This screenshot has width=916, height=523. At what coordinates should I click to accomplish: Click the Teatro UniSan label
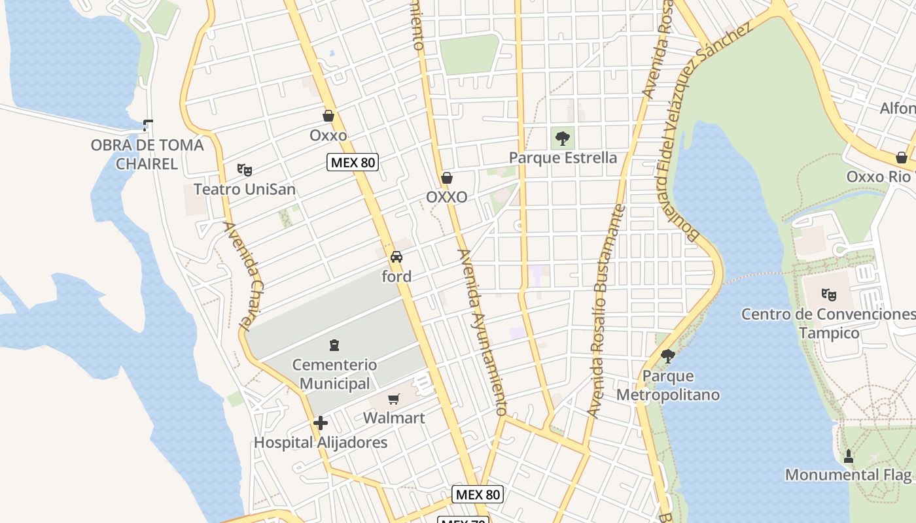[x=244, y=190]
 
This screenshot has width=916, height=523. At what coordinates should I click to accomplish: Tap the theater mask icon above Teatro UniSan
[x=245, y=170]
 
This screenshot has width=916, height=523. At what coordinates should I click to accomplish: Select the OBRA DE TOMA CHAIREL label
[x=147, y=154]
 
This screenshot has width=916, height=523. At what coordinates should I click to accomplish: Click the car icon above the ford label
[x=396, y=257]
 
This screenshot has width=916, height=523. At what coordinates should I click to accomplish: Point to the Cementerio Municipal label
[x=334, y=374]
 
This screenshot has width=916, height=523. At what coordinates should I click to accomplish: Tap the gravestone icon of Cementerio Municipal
[x=334, y=345]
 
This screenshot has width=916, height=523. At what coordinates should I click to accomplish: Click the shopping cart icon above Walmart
[x=394, y=399]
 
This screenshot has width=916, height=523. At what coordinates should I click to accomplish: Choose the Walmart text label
[x=394, y=418]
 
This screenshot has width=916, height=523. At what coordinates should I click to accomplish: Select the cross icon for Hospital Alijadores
[x=321, y=423]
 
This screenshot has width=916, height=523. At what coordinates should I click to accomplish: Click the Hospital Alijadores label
[x=321, y=443]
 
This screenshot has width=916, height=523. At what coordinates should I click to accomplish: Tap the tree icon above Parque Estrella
[x=562, y=138]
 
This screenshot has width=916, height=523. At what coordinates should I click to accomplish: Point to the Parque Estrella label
[x=563, y=158]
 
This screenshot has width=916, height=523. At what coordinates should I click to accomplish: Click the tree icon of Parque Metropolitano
[x=668, y=356]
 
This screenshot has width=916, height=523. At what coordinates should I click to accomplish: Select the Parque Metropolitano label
[x=668, y=385]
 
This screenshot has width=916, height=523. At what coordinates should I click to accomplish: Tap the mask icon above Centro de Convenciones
[x=830, y=295]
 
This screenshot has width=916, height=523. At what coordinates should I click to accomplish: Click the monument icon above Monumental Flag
[x=849, y=456]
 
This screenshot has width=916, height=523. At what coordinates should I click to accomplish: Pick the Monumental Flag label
[x=849, y=475]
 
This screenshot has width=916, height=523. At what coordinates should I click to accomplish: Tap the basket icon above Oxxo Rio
[x=902, y=158]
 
